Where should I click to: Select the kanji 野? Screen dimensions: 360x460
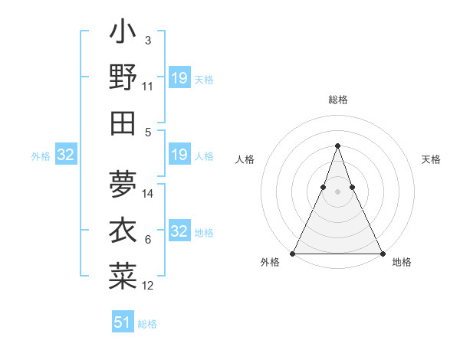click(x=123, y=77)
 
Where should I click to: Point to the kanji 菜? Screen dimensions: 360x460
click(x=123, y=273)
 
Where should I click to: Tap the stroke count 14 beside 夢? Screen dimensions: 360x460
click(x=148, y=193)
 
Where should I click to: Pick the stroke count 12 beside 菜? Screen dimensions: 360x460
click(x=148, y=286)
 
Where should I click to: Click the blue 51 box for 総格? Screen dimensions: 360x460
click(x=123, y=322)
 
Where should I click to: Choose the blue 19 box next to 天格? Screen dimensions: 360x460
click(x=179, y=78)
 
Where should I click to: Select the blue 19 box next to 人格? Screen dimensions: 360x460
click(x=179, y=155)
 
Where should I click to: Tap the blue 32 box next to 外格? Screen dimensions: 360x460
click(x=66, y=155)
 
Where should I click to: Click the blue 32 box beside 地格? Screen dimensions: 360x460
click(x=179, y=232)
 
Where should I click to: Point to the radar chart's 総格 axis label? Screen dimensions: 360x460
click(x=337, y=100)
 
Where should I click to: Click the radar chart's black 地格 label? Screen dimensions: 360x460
click(x=402, y=263)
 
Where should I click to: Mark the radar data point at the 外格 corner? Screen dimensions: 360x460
click(x=293, y=254)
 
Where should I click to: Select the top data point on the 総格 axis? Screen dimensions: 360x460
click(x=337, y=146)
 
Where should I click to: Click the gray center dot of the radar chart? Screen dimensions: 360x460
click(x=337, y=192)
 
